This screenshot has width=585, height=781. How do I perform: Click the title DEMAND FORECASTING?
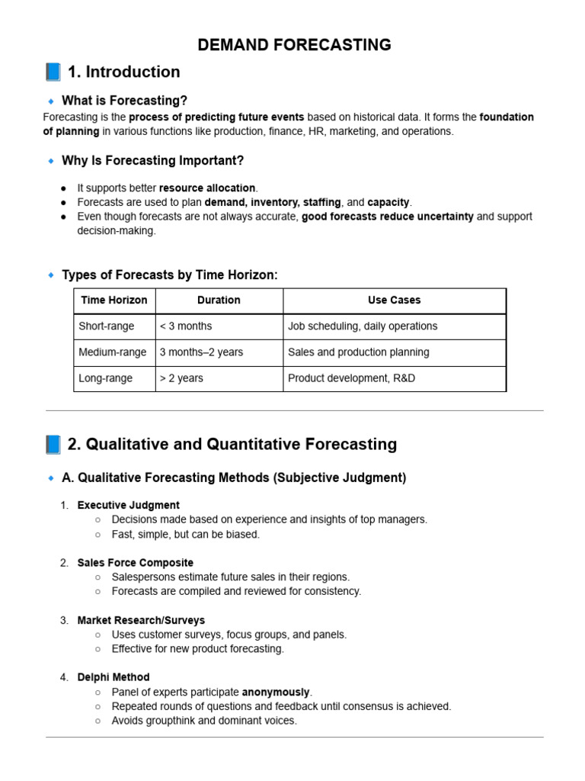click(x=294, y=45)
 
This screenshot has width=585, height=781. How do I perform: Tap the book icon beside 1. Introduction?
click(x=53, y=72)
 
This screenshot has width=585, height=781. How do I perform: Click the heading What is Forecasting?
click(x=124, y=101)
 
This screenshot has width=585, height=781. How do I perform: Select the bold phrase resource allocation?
click(x=207, y=188)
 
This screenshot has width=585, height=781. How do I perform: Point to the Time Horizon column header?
click(x=114, y=301)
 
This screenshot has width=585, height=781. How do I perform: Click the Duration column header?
click(x=219, y=301)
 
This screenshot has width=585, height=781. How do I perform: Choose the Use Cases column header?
click(x=394, y=301)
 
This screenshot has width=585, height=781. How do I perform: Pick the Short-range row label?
click(x=107, y=326)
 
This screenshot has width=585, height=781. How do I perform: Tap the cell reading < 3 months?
click(x=186, y=326)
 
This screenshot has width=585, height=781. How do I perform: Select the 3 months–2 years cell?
click(x=201, y=352)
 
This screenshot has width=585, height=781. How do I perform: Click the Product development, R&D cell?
click(x=351, y=378)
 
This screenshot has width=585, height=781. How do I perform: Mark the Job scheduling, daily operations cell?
click(x=363, y=326)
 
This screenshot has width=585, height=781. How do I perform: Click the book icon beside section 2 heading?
click(x=53, y=444)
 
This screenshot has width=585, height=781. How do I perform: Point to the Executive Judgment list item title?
click(x=129, y=505)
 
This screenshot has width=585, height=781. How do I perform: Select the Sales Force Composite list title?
click(x=136, y=563)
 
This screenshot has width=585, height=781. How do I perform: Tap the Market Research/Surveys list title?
click(x=141, y=620)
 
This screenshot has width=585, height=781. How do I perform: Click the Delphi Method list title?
click(x=113, y=677)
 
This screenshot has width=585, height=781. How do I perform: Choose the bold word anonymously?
click(x=276, y=692)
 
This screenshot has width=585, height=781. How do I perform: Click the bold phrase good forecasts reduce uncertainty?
click(x=388, y=217)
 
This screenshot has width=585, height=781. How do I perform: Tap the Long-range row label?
click(x=106, y=378)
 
